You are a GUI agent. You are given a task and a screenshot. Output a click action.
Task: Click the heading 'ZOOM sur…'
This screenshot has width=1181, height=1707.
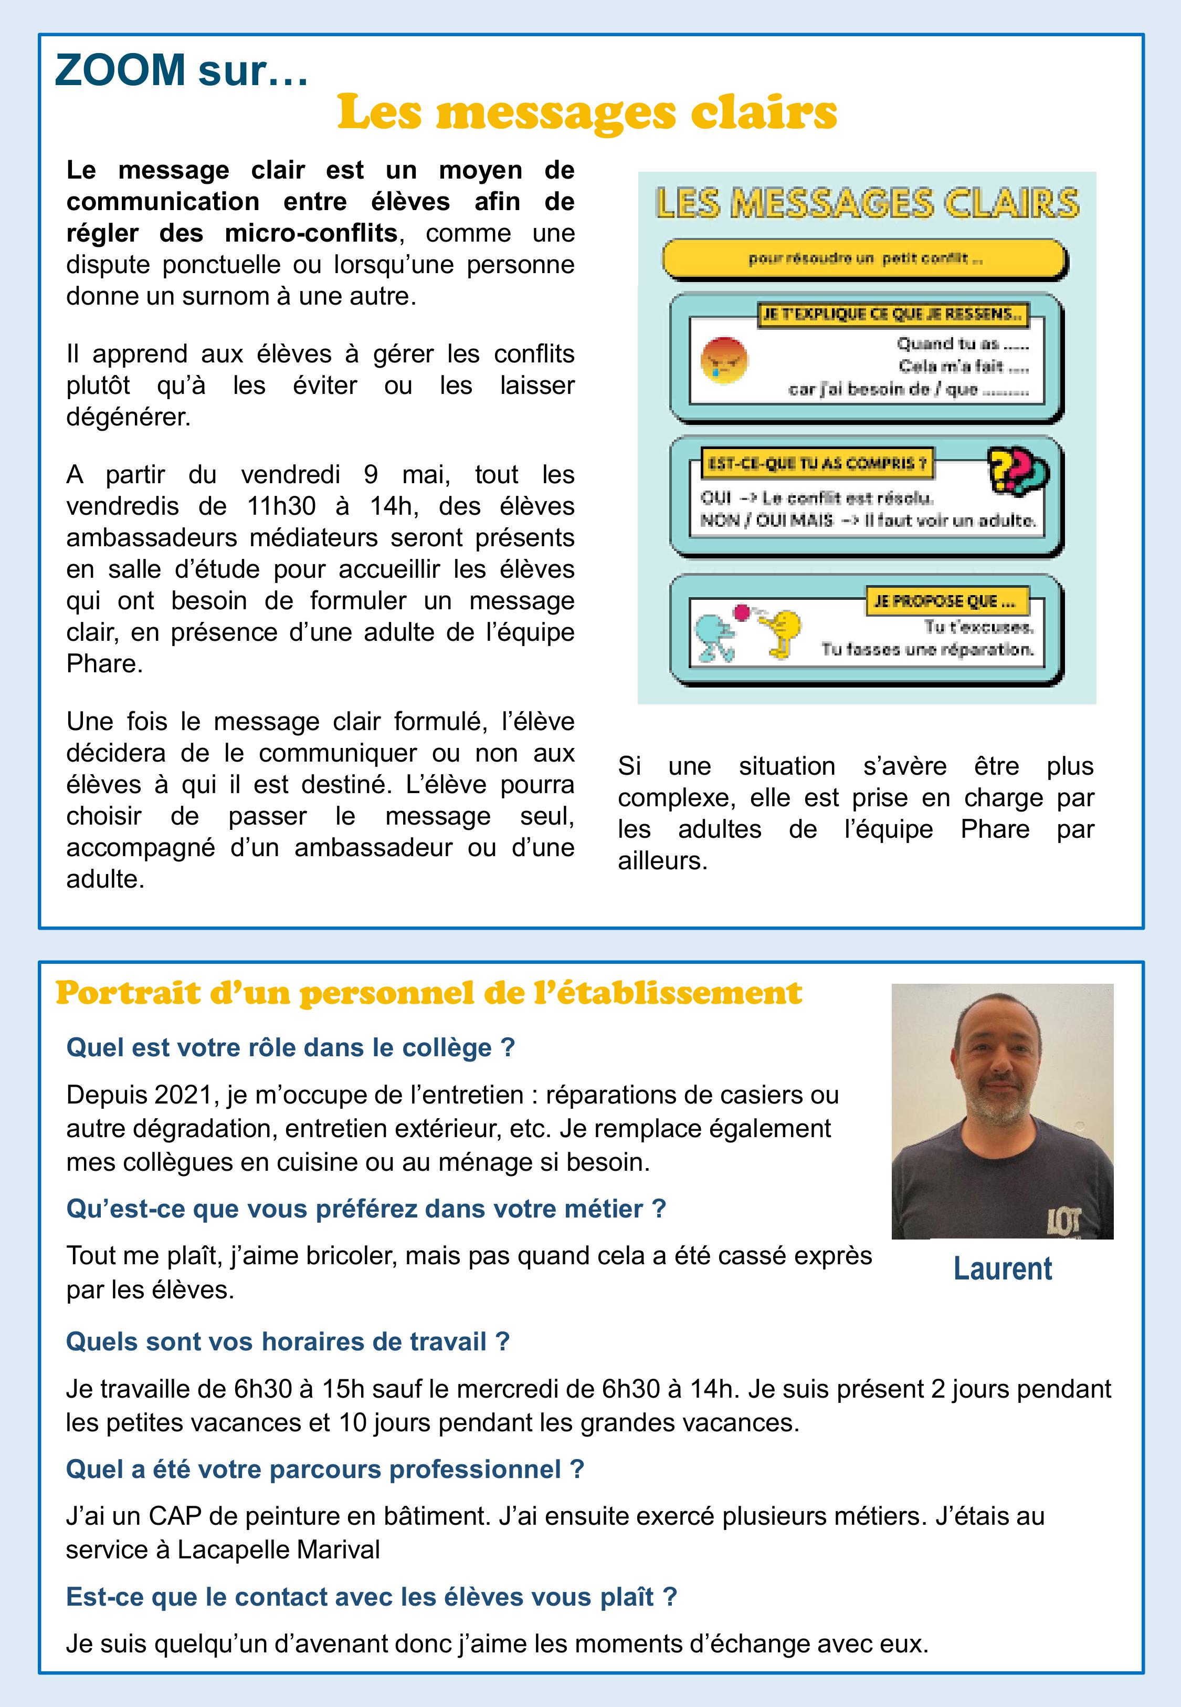181,71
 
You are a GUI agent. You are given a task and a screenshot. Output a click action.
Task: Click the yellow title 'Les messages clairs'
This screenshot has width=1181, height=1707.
586,113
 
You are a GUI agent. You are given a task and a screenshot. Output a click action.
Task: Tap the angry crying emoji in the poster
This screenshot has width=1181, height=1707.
724,360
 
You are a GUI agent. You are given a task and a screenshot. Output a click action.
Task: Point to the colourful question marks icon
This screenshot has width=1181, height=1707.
1018,471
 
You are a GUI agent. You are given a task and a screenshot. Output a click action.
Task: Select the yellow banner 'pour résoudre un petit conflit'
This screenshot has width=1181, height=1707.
864,259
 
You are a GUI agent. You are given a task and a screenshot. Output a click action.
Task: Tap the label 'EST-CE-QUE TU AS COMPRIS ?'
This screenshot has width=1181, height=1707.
816,464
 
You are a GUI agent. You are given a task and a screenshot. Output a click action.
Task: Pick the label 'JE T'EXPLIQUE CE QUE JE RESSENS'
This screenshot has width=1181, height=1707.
892,315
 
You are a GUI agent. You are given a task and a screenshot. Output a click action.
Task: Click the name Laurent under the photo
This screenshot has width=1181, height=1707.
1002,1268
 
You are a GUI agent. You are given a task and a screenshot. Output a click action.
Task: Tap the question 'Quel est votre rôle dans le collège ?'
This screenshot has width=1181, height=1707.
290,1047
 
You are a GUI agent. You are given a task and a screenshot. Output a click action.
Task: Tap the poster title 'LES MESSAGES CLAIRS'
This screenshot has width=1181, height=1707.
867,204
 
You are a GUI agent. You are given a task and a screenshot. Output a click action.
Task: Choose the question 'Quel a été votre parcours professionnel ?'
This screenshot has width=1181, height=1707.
325,1469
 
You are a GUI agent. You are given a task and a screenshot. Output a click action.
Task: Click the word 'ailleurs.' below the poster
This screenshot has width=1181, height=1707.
662,861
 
